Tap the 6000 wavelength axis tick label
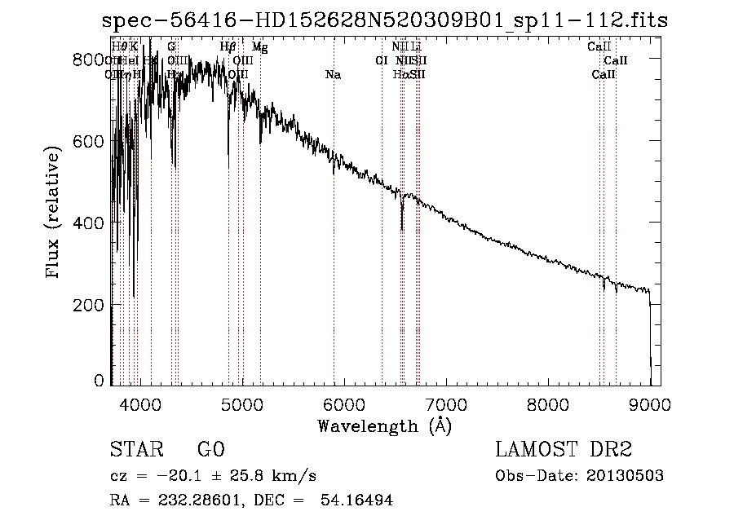click(344, 403)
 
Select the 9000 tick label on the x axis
click(650, 403)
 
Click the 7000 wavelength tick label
click(446, 403)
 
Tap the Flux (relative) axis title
click(55, 214)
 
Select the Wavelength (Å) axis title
click(384, 425)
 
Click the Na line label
click(333, 75)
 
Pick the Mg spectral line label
click(259, 47)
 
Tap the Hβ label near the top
click(228, 47)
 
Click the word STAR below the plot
click(135, 450)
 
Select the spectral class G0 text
click(210, 450)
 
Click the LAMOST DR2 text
click(564, 450)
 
